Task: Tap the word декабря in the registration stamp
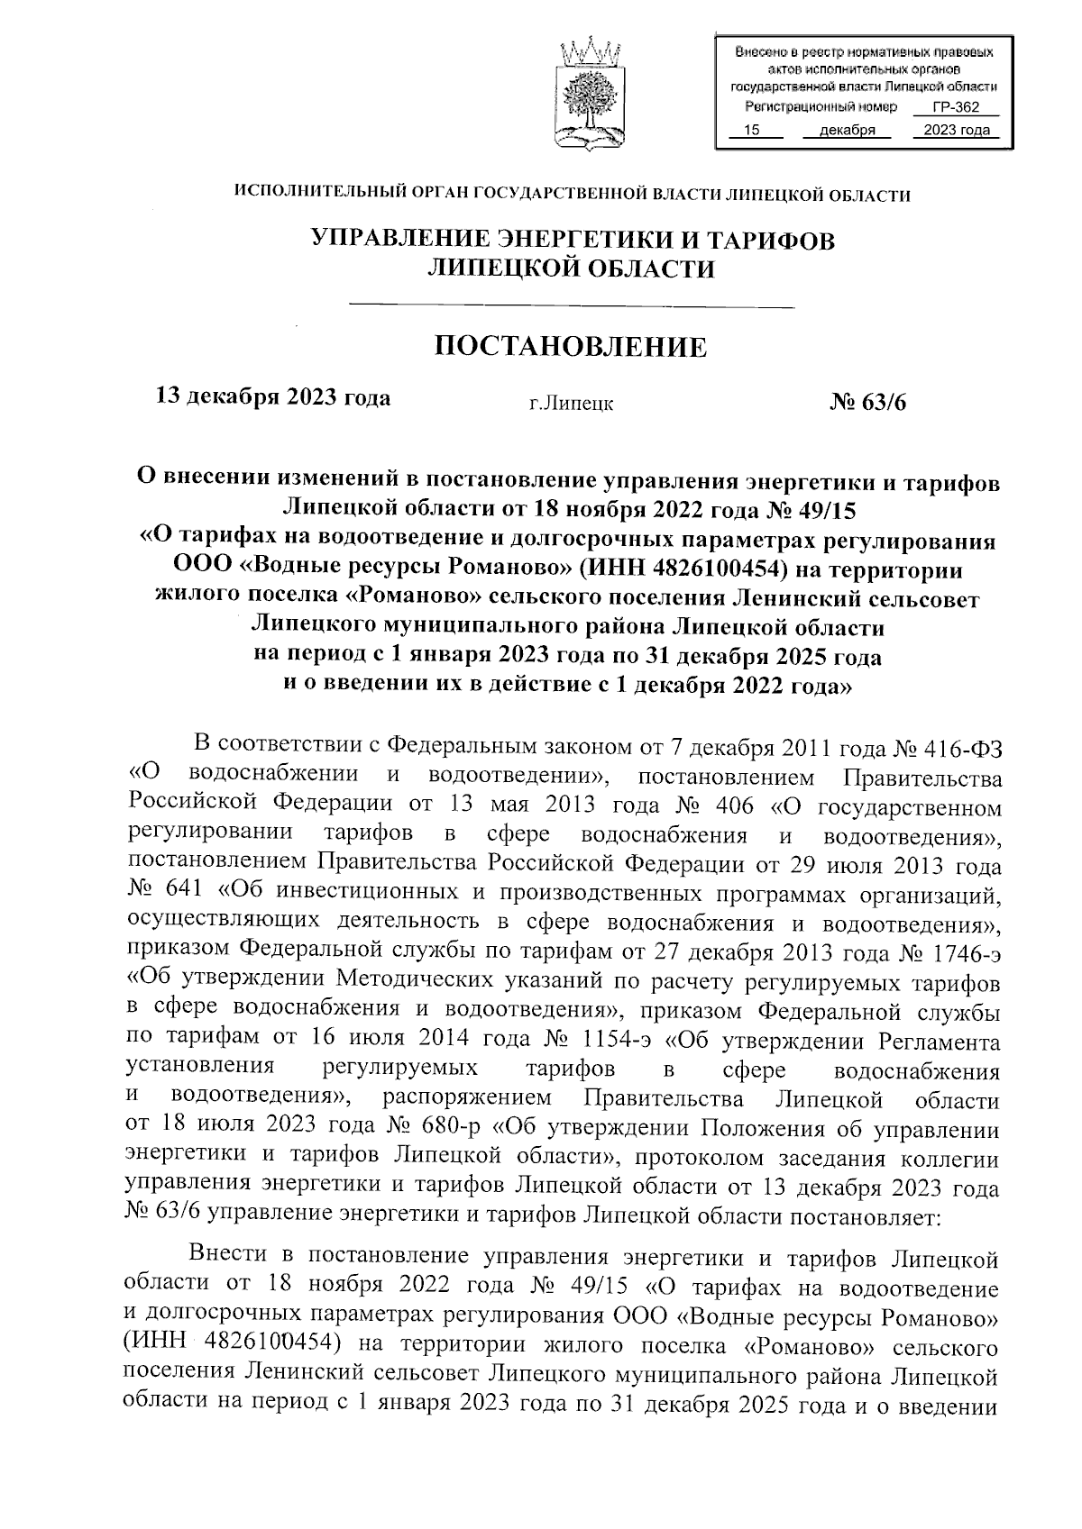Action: tap(847, 131)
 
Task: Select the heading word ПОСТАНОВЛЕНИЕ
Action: tap(572, 347)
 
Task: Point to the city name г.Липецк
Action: tap(571, 404)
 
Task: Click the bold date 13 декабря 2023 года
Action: tap(273, 397)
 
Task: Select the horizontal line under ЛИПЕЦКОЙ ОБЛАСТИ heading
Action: tap(571, 307)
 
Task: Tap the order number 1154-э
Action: tap(618, 1042)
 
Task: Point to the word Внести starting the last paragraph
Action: tap(234, 1255)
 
